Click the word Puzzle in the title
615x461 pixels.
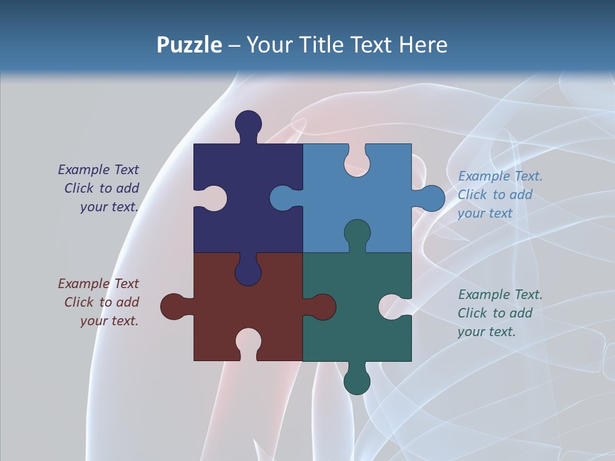point(190,45)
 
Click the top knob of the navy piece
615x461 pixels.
point(248,124)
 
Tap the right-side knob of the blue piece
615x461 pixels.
point(432,198)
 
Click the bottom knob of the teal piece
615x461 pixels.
point(357,381)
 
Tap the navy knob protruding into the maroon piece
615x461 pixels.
point(248,273)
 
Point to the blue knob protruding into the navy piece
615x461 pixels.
point(283,198)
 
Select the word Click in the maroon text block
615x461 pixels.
point(79,302)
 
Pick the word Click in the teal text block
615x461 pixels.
point(472,313)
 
